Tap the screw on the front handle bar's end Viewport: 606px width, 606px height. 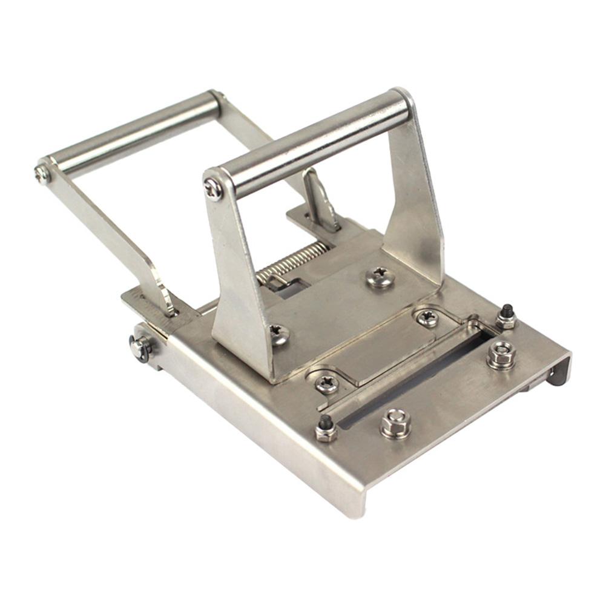tap(213, 189)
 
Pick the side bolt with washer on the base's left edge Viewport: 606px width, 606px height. tap(140, 347)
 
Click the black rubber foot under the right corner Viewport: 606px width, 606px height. tap(556, 378)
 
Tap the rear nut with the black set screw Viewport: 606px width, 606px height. tap(506, 317)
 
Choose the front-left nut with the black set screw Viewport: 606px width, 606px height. tap(326, 429)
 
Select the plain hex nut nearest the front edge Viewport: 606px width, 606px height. tap(396, 422)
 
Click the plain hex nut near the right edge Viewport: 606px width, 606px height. tap(502, 354)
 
